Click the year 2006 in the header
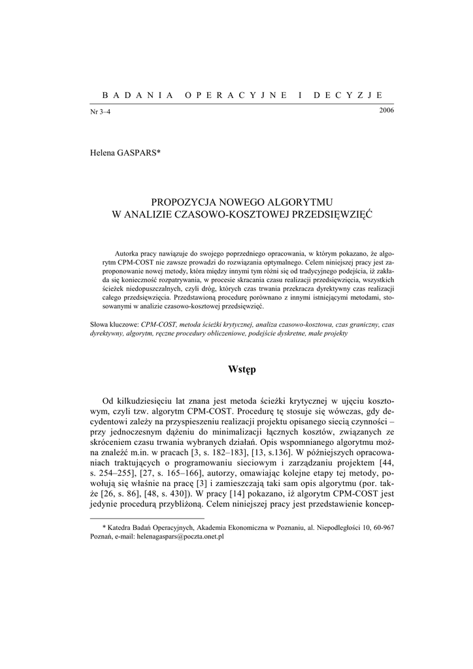pos(386,109)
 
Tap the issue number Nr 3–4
pos(100,112)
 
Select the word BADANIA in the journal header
pos(131,95)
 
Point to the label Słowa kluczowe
pos(114,324)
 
